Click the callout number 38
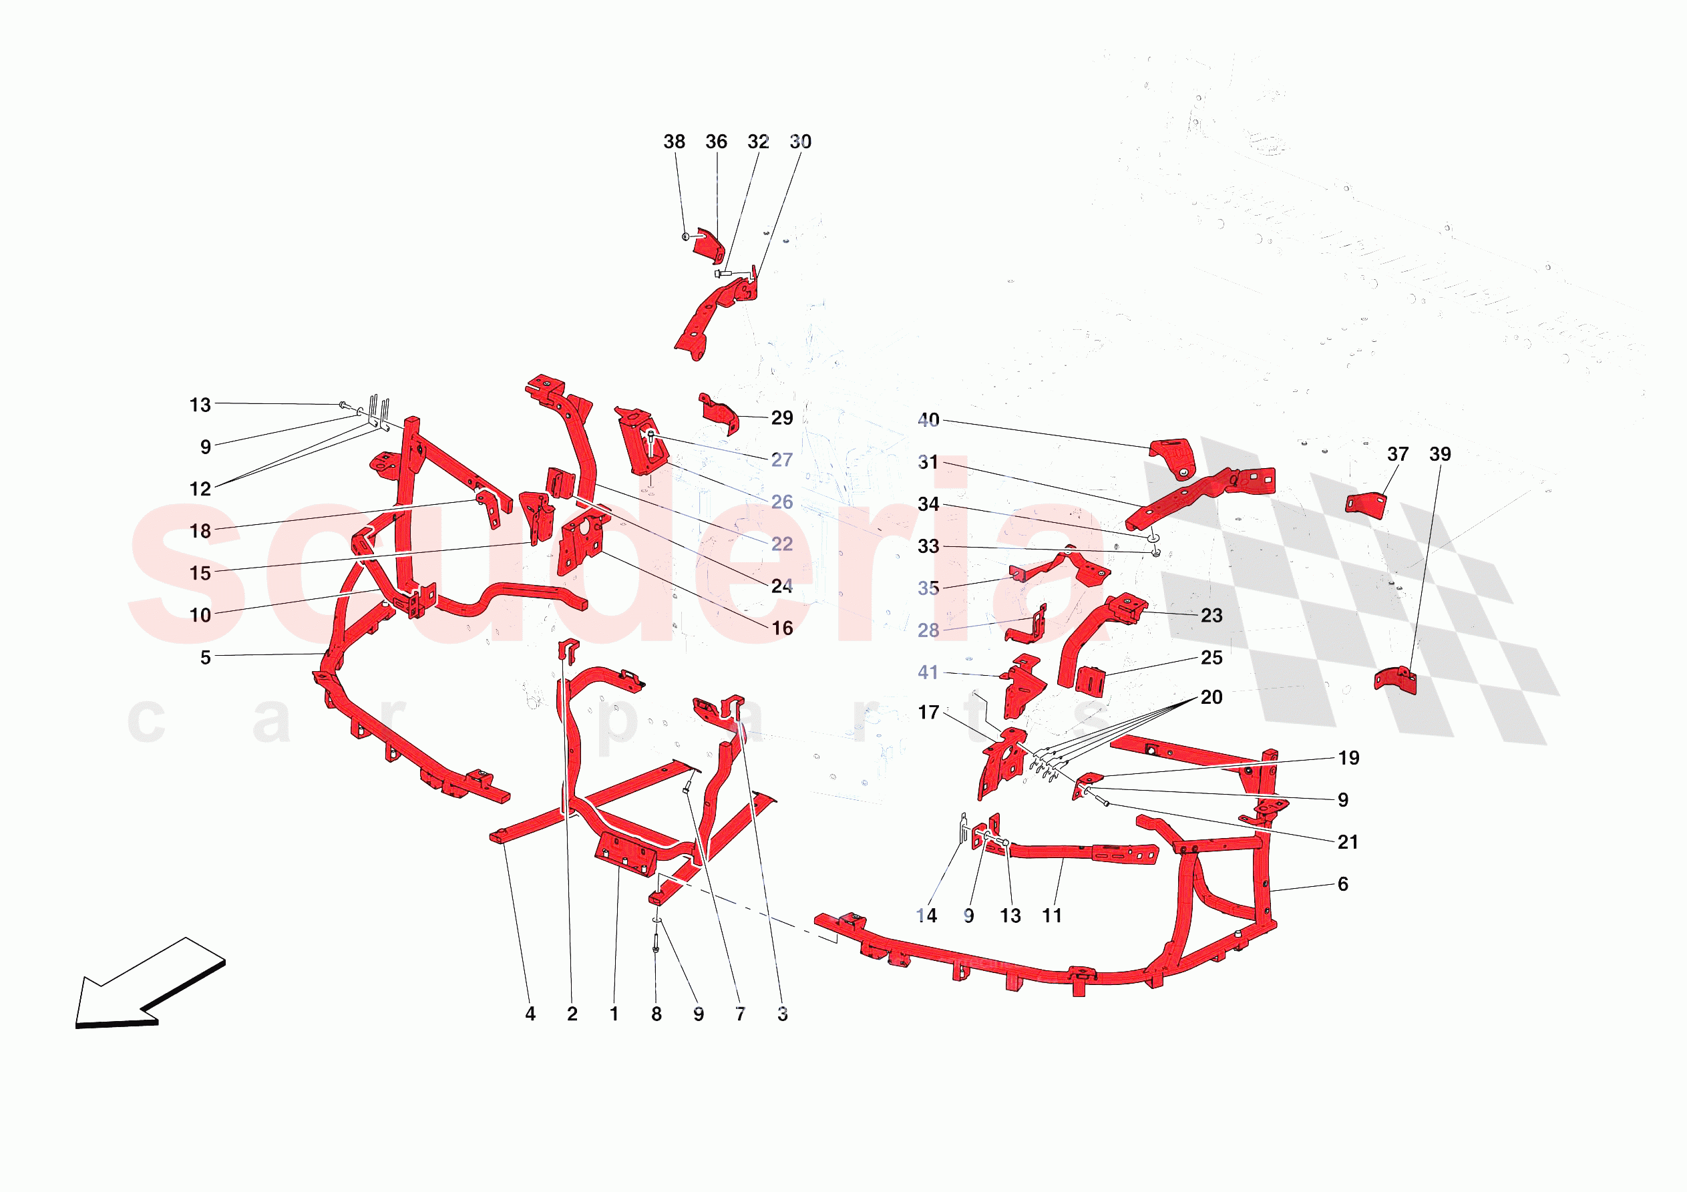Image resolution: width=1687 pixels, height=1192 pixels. click(x=674, y=142)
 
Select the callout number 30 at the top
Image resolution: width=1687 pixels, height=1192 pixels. click(x=800, y=142)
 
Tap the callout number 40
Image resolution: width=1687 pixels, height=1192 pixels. click(x=928, y=419)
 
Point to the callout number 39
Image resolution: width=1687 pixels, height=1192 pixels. click(x=1439, y=454)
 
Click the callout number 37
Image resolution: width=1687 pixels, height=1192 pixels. click(x=1398, y=454)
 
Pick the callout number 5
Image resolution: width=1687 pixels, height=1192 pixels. click(x=206, y=658)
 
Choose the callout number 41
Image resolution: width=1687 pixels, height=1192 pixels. click(x=928, y=672)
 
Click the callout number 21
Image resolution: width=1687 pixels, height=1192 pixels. click(x=1348, y=842)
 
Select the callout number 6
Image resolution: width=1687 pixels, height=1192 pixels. click(x=1342, y=884)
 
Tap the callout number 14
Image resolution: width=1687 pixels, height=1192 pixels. click(x=926, y=916)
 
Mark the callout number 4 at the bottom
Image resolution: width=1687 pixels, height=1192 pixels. click(x=530, y=1014)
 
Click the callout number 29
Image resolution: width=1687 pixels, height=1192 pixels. click(x=782, y=418)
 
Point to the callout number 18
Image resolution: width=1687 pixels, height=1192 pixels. click(x=200, y=532)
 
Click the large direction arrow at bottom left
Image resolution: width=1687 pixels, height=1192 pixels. click(x=149, y=984)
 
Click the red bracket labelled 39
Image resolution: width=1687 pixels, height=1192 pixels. click(x=1395, y=680)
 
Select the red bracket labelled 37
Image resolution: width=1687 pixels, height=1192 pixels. click(x=1366, y=506)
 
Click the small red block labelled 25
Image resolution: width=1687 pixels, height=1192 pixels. click(x=1091, y=679)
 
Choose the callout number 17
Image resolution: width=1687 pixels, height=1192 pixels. click(x=928, y=712)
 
